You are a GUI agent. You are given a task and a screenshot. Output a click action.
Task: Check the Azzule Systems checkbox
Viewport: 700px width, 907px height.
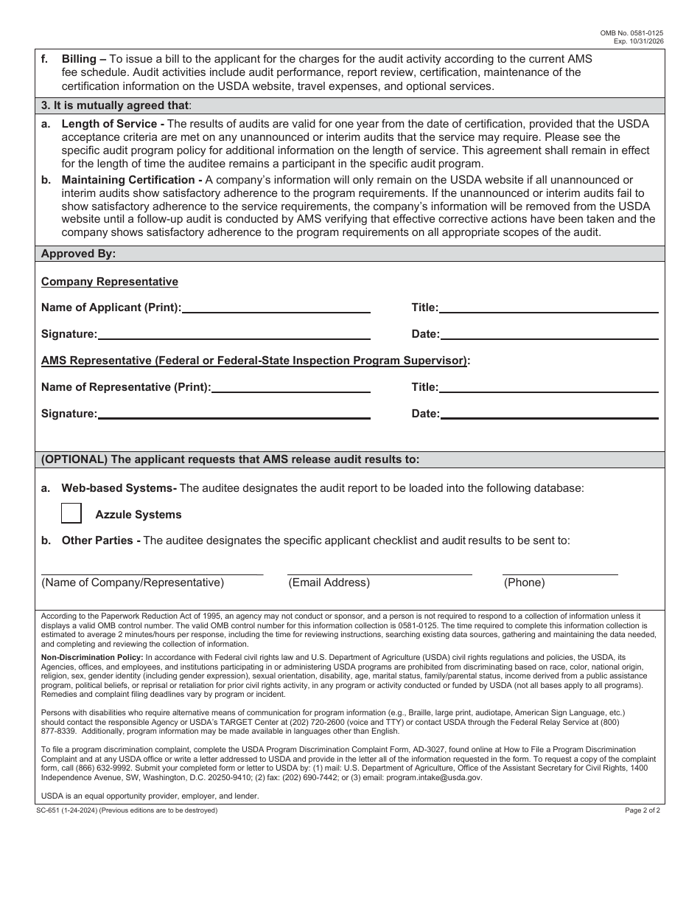coord(71,513)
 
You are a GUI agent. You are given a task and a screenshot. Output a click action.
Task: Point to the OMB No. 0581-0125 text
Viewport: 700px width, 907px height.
coord(631,33)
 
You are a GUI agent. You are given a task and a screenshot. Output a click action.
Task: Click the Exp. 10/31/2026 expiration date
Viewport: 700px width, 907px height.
coord(633,41)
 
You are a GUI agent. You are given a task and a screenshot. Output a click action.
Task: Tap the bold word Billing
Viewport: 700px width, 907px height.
coord(80,58)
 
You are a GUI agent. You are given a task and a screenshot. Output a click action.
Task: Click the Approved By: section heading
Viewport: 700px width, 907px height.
coord(78,254)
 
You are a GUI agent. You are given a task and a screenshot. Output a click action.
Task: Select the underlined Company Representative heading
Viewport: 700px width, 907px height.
coord(109,282)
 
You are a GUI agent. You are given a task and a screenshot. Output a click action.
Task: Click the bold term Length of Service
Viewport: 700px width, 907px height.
coord(109,124)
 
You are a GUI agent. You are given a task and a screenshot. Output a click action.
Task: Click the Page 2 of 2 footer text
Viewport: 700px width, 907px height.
coord(643,810)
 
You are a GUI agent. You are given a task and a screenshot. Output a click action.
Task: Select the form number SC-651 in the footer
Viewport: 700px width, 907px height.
coord(54,810)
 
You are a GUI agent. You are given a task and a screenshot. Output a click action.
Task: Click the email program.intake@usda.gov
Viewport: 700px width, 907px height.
coord(438,777)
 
